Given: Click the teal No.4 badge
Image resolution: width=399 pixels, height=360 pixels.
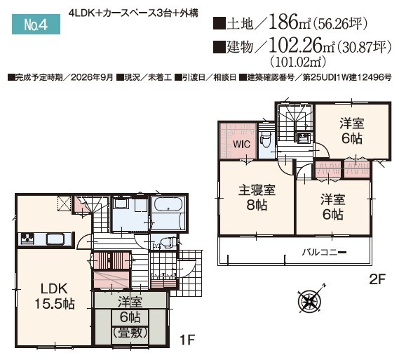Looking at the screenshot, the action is point(36,24).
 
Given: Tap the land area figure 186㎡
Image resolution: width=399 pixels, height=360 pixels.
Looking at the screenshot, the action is point(290,22).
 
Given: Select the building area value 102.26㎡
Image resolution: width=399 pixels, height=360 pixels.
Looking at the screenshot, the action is point(302,46).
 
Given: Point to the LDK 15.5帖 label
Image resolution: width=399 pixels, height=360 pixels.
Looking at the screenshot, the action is point(55,296).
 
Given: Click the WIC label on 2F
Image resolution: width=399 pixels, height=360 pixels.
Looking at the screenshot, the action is point(241,145).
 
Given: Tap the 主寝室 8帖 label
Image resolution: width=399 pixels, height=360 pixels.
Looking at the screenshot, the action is point(257,198).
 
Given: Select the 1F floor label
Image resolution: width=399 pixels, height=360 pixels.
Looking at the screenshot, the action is point(187,340).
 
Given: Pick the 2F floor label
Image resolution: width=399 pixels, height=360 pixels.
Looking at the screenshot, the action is point(378,279).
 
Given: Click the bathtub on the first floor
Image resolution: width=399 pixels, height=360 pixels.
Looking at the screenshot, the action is point(168,204).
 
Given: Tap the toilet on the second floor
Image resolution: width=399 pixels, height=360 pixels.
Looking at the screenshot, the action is point(265,140).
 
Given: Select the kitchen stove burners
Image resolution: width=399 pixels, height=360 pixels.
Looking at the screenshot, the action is point(27,239).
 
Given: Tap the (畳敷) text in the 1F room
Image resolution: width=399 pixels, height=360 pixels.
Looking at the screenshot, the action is point(130,333).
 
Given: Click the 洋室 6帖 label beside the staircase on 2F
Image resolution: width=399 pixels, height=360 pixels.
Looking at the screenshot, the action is point(352,131).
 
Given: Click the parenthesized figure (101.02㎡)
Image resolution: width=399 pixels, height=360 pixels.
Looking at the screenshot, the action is point(298,61).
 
